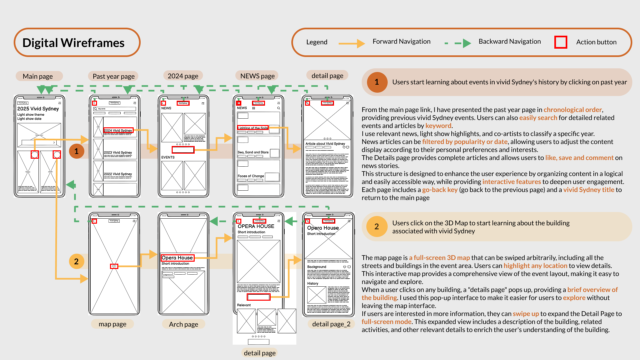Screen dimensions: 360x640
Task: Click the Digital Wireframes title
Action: (x=73, y=43)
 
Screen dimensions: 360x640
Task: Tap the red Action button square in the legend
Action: (x=561, y=42)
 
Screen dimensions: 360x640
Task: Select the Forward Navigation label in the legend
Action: (x=401, y=41)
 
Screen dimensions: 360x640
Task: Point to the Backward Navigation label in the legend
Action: (x=509, y=41)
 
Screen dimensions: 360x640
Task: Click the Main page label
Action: (x=38, y=76)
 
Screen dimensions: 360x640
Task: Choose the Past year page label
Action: (x=114, y=76)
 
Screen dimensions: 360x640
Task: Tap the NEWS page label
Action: (x=257, y=76)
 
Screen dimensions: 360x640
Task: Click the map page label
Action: (x=112, y=324)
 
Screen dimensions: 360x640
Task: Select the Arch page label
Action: (x=183, y=324)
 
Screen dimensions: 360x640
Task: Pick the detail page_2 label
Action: (x=331, y=324)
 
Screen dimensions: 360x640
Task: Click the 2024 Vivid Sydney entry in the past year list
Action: (x=118, y=130)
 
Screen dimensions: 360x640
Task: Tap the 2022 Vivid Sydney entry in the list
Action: (x=118, y=174)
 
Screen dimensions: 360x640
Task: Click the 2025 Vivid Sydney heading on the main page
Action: (x=38, y=109)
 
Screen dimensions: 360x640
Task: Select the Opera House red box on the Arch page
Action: (x=177, y=258)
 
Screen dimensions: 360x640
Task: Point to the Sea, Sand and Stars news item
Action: (x=253, y=152)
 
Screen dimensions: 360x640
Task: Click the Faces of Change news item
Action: (x=251, y=176)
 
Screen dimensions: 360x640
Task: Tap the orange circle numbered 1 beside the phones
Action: (x=76, y=151)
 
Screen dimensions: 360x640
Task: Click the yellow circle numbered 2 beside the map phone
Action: (x=76, y=261)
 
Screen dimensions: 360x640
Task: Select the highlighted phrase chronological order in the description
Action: (x=573, y=110)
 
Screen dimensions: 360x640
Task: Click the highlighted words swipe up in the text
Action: (x=526, y=314)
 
